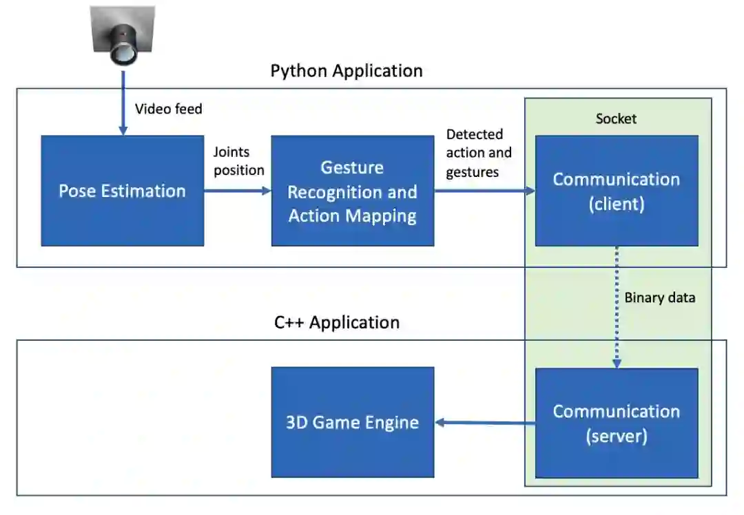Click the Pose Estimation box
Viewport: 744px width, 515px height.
tap(122, 191)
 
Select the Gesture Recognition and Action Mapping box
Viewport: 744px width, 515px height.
tap(352, 191)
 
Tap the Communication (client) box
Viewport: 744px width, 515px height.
tap(616, 191)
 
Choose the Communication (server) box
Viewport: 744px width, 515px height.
tap(616, 423)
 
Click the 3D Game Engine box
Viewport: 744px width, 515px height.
tap(352, 422)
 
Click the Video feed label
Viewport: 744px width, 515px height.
tap(169, 109)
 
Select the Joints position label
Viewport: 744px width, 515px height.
tap(238, 160)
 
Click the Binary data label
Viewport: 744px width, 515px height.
tap(659, 297)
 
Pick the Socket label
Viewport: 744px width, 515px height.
tap(616, 118)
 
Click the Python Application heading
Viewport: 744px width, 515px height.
tap(347, 71)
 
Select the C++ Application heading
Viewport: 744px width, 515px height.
tap(337, 322)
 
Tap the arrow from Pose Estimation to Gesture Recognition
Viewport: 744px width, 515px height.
tap(238, 191)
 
